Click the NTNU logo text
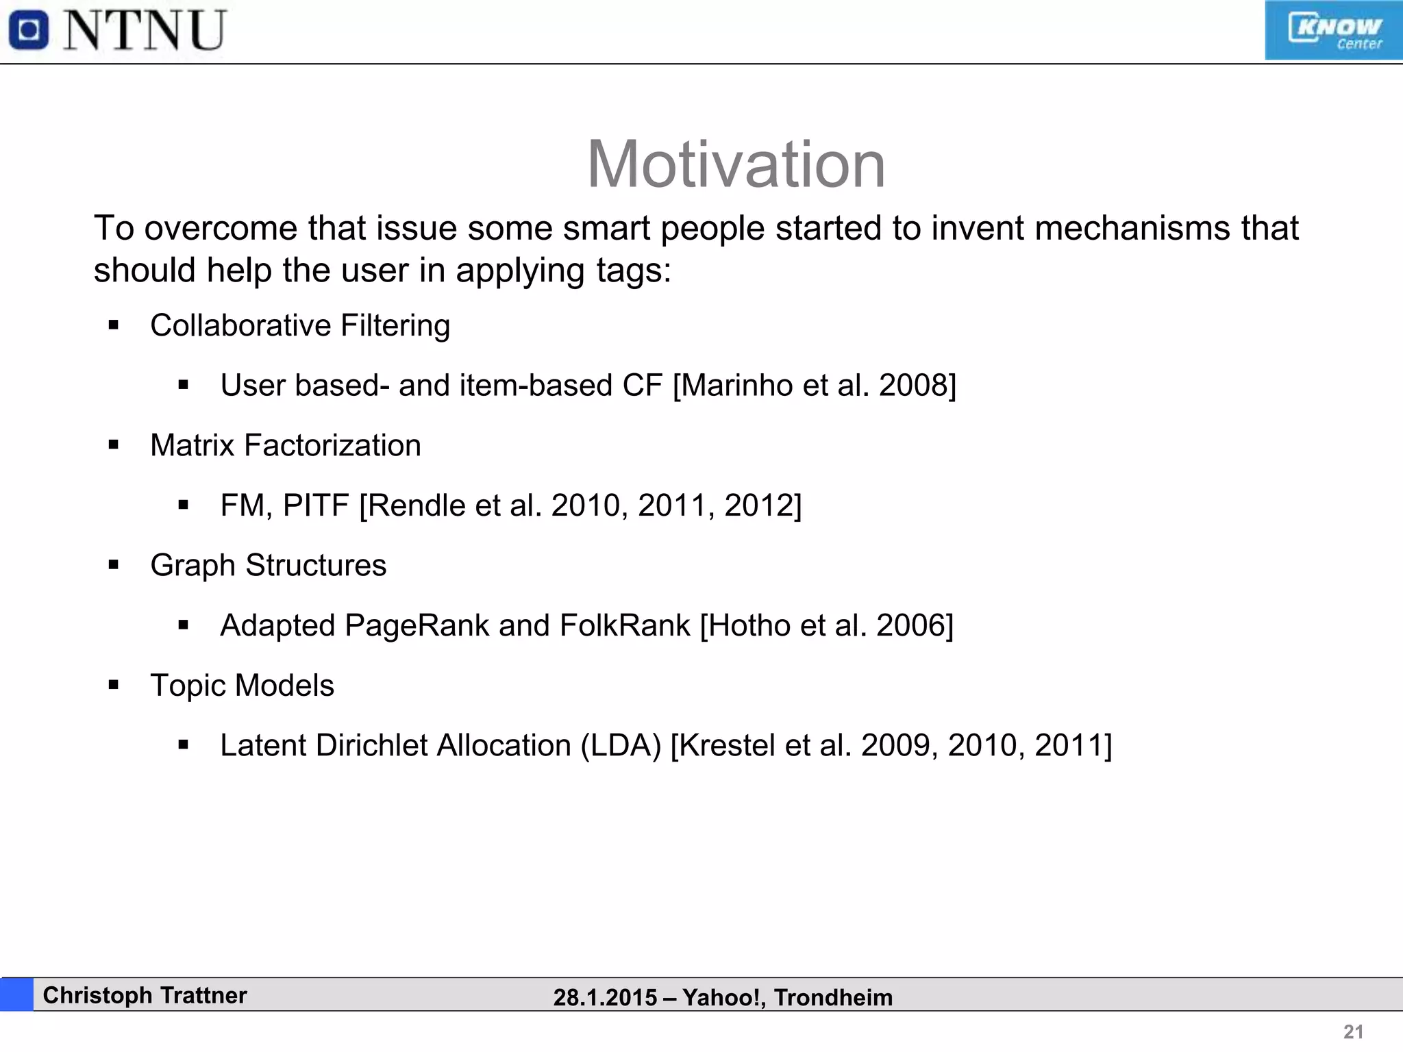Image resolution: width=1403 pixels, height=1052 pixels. click(x=145, y=31)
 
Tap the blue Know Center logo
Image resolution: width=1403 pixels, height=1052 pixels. click(x=1333, y=31)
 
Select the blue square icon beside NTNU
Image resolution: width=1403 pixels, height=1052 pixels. click(x=29, y=31)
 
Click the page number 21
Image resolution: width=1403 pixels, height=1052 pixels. click(x=1353, y=1031)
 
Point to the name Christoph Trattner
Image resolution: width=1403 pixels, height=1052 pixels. click(x=145, y=995)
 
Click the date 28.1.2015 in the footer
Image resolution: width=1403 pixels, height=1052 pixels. click(x=605, y=998)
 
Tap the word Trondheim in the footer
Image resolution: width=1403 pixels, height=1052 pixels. click(x=833, y=998)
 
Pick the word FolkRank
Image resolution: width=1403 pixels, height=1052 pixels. click(x=625, y=625)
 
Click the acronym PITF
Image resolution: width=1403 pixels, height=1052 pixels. click(x=316, y=505)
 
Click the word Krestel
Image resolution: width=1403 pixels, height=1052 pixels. click(x=728, y=745)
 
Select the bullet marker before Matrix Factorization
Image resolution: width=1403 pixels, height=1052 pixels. click(x=114, y=446)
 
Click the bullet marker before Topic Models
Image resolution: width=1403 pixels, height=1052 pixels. click(x=114, y=686)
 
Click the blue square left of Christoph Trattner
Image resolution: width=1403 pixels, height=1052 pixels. click(x=16, y=994)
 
